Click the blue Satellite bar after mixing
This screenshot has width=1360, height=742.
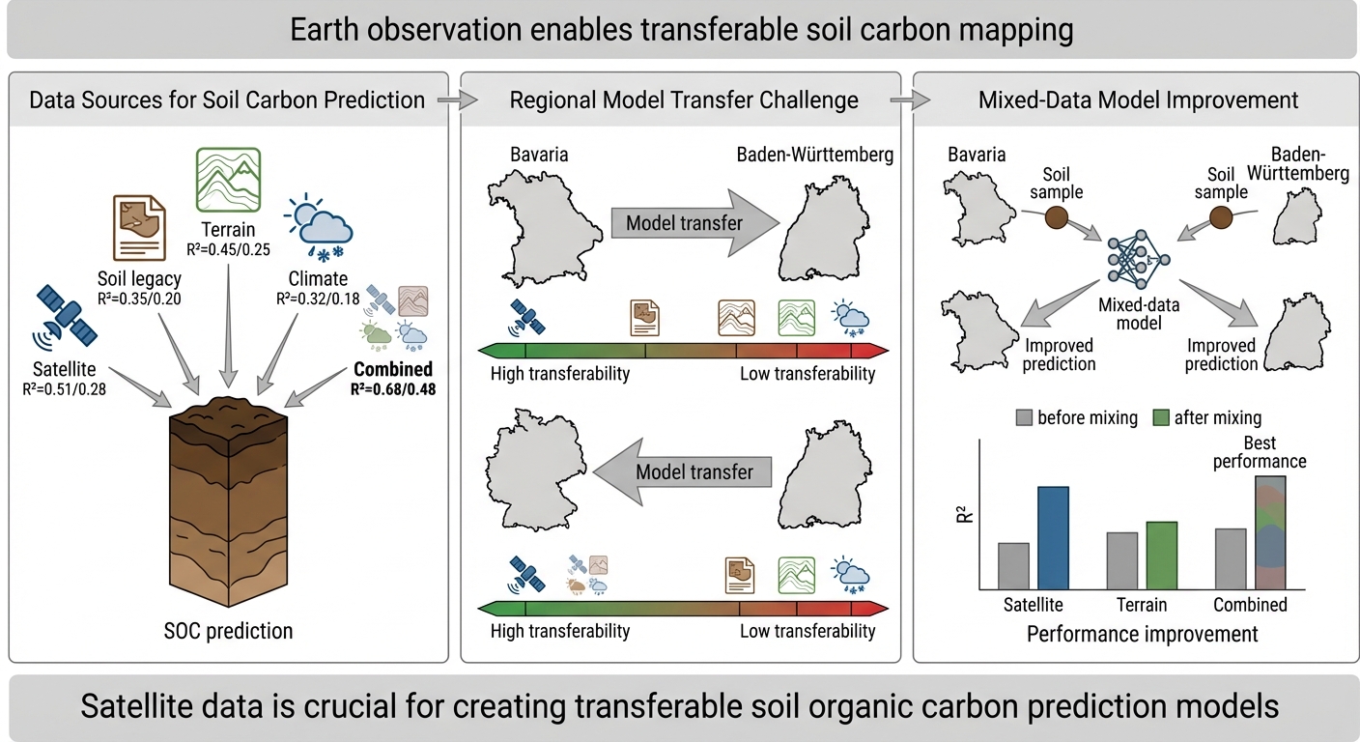click(x=1053, y=538)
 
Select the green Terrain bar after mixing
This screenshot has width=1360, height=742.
click(x=1161, y=556)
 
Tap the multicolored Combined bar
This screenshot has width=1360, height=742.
click(x=1270, y=532)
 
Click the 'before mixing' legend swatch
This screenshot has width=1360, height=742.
click(x=1024, y=417)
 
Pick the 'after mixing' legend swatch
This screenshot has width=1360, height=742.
click(x=1161, y=417)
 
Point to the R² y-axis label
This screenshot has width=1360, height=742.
click(x=964, y=514)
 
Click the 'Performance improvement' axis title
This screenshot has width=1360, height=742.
click(x=1142, y=634)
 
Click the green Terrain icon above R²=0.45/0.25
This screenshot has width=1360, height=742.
click(x=228, y=180)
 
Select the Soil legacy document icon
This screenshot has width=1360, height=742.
click(x=139, y=228)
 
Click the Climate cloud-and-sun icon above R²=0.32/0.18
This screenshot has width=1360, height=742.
click(x=318, y=228)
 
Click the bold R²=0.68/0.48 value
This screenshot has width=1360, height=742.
click(x=393, y=389)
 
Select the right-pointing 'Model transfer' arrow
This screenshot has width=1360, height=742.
click(x=694, y=223)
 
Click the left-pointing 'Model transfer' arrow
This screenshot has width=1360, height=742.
click(x=682, y=471)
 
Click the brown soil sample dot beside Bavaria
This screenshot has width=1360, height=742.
click(x=1057, y=217)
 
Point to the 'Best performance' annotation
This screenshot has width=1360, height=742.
click(x=1260, y=452)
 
